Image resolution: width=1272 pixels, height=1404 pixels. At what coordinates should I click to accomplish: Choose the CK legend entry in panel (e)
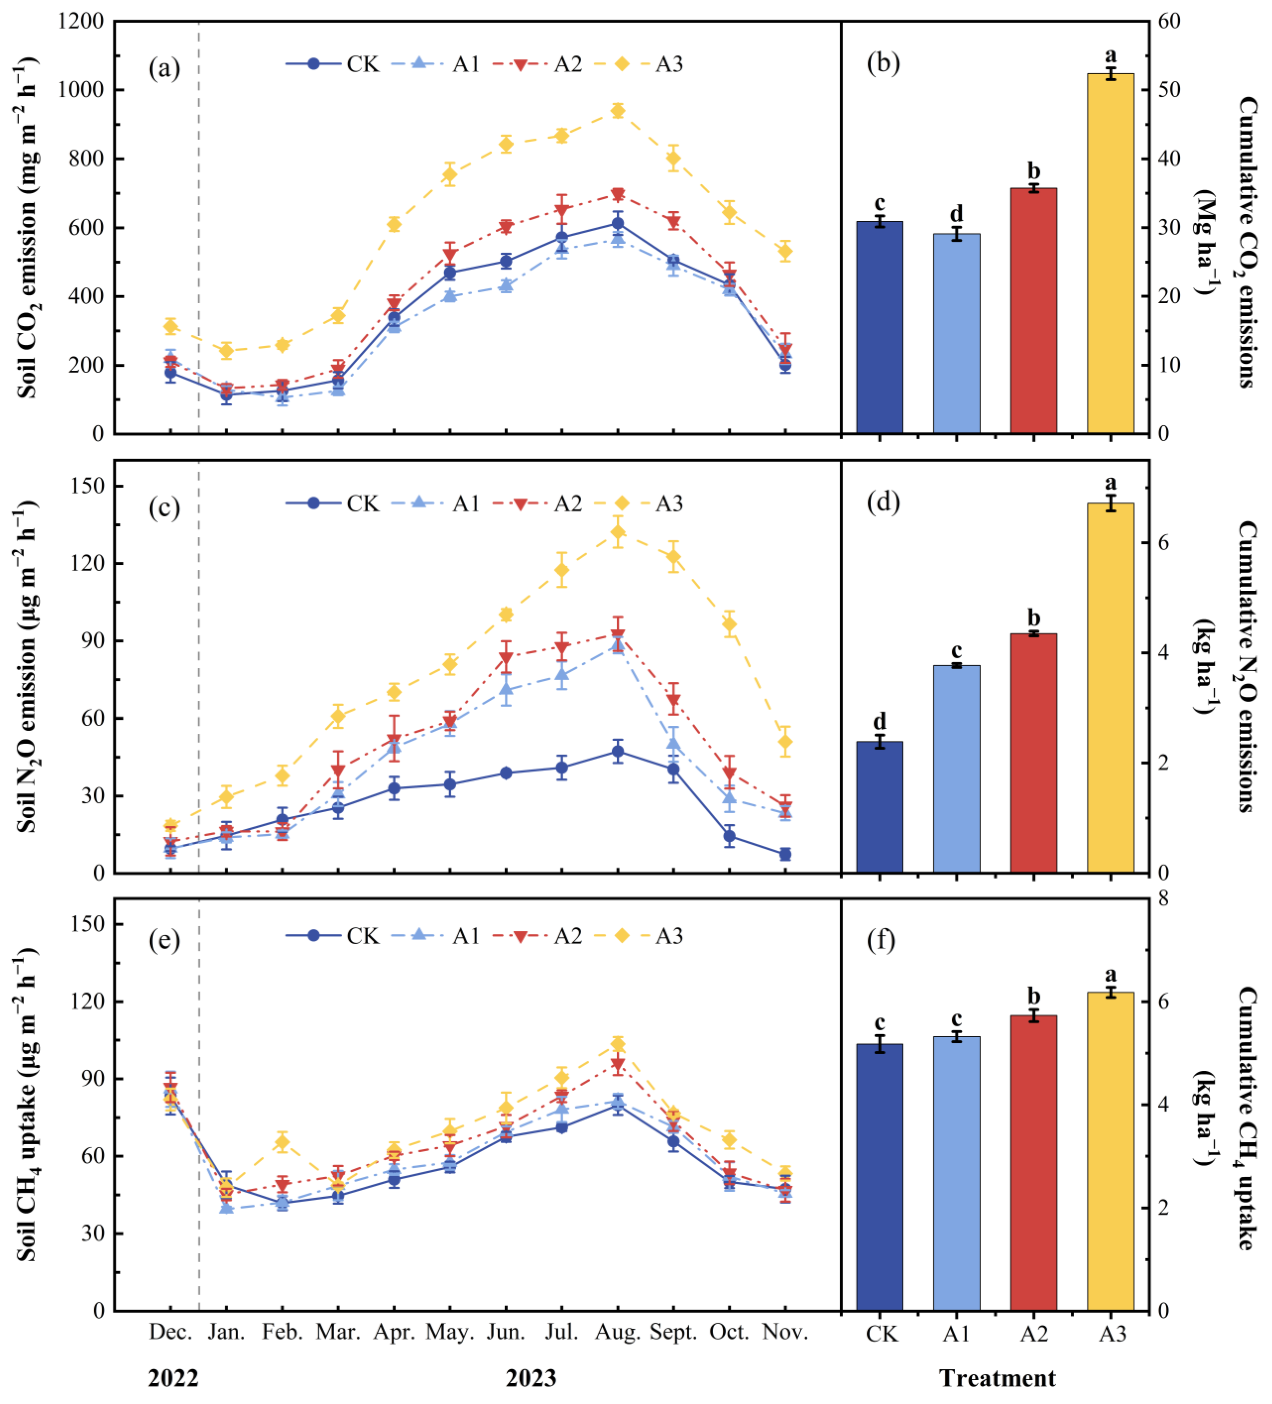pyautogui.click(x=333, y=935)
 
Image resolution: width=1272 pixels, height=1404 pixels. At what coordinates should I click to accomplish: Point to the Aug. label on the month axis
pyautogui.click(x=617, y=1332)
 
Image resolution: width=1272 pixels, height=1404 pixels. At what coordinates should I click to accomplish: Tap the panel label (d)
pyautogui.click(x=883, y=501)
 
